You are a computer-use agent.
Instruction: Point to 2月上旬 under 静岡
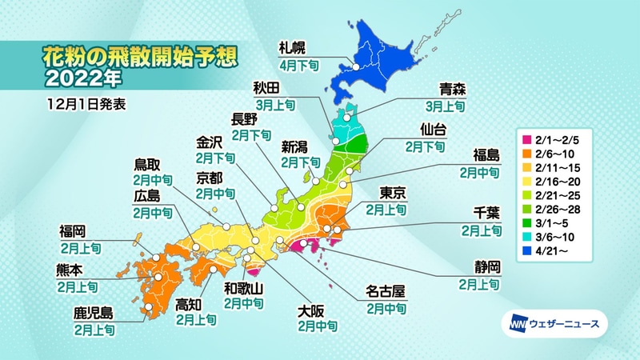[482, 283]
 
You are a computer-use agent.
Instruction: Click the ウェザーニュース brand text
[563, 324]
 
